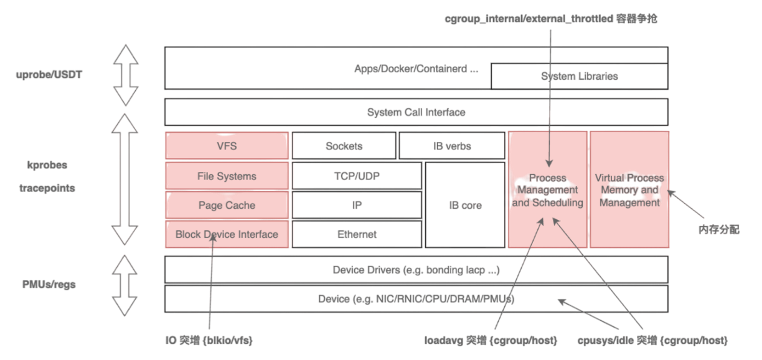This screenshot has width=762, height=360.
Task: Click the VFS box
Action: [x=227, y=146]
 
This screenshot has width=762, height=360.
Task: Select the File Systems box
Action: [x=227, y=176]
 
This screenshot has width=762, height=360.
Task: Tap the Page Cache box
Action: [x=227, y=206]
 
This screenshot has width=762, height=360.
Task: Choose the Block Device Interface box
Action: [x=227, y=235]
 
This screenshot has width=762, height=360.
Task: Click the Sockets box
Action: [x=344, y=146]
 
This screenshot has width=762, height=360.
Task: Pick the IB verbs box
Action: [x=452, y=146]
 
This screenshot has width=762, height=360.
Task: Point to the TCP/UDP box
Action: [x=357, y=176]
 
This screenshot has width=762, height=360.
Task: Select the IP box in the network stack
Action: [x=357, y=206]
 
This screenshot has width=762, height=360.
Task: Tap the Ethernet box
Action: [x=357, y=235]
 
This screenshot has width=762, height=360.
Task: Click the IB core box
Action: [x=464, y=206]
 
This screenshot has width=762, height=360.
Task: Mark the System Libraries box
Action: [x=579, y=76]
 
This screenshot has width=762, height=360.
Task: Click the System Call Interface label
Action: [x=416, y=113]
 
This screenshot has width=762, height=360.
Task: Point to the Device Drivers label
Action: [x=416, y=270]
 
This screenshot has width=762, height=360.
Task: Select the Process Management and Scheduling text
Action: [x=548, y=191]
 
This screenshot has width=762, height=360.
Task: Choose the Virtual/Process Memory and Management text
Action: [x=629, y=191]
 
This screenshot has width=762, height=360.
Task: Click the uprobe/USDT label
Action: [x=49, y=75]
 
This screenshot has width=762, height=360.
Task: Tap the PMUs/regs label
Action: [x=49, y=285]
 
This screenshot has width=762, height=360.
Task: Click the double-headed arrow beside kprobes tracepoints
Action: [x=126, y=179]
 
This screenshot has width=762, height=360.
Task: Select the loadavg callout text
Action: [x=491, y=341]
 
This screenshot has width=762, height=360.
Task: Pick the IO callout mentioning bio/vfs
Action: [x=209, y=341]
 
